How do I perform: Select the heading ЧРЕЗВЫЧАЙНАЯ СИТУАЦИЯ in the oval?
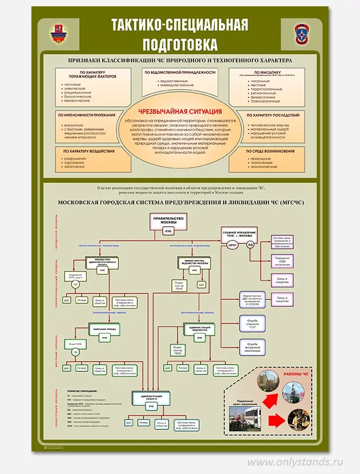pos(180,112)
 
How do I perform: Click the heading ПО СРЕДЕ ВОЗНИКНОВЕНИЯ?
pos(268,151)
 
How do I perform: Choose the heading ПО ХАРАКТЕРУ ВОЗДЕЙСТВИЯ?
pos(89,151)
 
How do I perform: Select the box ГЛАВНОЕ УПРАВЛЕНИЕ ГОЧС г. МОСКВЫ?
pos(239,234)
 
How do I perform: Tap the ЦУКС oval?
pos(234,244)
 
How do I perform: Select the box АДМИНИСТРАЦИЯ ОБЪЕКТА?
pos(151,398)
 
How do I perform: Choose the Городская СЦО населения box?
pos(282,260)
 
